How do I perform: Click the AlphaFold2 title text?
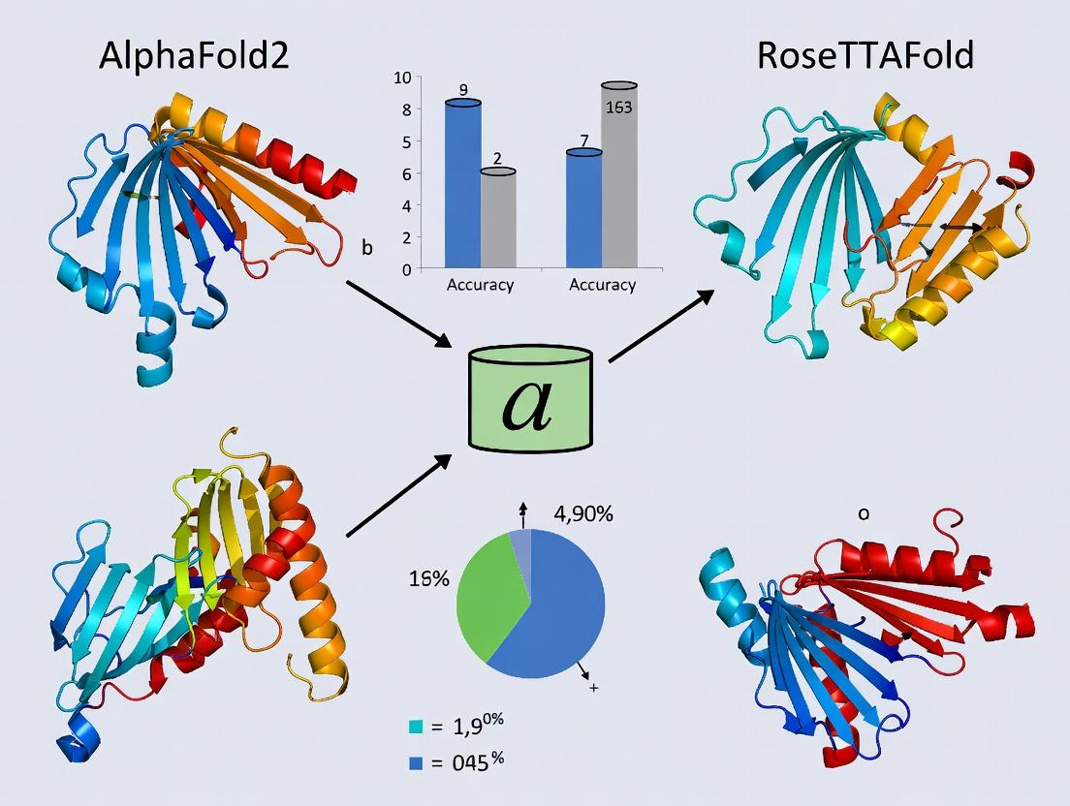pyautogui.click(x=193, y=56)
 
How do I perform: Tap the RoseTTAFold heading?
pyautogui.click(x=864, y=56)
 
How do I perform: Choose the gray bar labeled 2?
pyautogui.click(x=497, y=218)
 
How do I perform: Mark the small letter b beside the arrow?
pyautogui.click(x=366, y=248)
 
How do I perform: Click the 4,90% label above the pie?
pyautogui.click(x=584, y=515)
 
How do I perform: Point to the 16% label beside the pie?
pyautogui.click(x=427, y=579)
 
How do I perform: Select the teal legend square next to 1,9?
pyautogui.click(x=417, y=726)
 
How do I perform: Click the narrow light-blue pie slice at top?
pyautogui.click(x=521, y=545)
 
